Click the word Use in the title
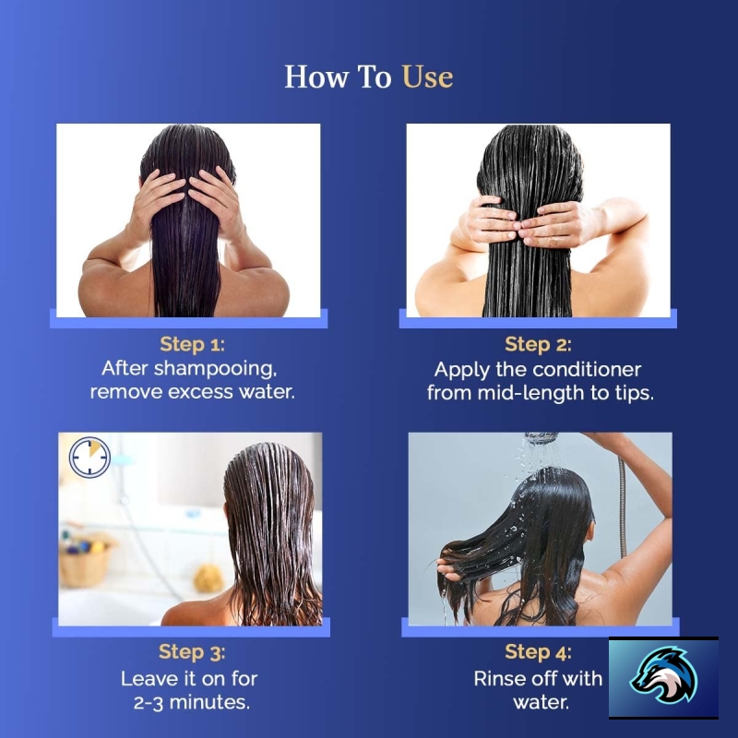(x=427, y=77)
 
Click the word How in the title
(x=316, y=77)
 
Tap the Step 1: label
(x=193, y=344)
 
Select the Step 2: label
(x=538, y=344)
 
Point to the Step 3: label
(x=192, y=652)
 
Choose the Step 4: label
(x=538, y=652)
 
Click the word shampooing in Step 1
(x=216, y=369)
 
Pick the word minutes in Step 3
(x=209, y=702)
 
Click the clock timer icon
(x=89, y=458)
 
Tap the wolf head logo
(x=663, y=676)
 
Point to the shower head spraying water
(x=542, y=438)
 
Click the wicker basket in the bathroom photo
(x=86, y=563)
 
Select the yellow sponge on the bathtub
(x=208, y=578)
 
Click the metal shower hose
(x=622, y=507)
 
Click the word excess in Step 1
(x=200, y=392)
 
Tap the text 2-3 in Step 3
(x=149, y=703)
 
